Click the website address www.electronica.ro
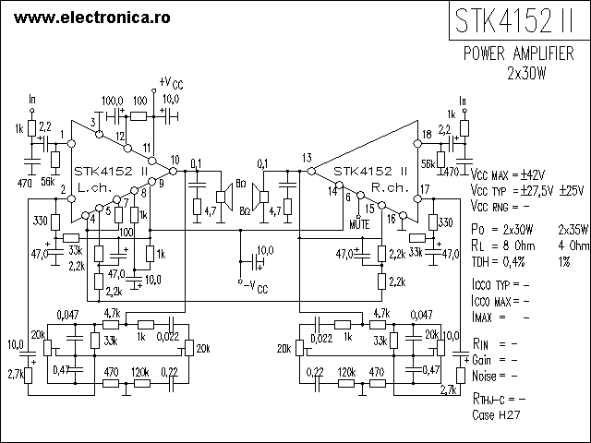[92, 18]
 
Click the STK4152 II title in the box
[514, 21]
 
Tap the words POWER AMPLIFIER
[519, 54]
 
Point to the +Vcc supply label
[171, 83]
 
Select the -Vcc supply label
[256, 287]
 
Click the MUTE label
[359, 224]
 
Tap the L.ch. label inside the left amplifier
[95, 187]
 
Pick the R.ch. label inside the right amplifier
[390, 187]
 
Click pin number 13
[307, 158]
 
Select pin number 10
[175, 160]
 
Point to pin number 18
[427, 134]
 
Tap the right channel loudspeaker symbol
[260, 197]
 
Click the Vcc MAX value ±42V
[533, 174]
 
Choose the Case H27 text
[496, 414]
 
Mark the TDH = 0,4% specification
[498, 261]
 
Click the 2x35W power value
[573, 229]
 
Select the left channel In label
[32, 99]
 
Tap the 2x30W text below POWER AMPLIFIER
[526, 74]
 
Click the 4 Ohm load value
[573, 245]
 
